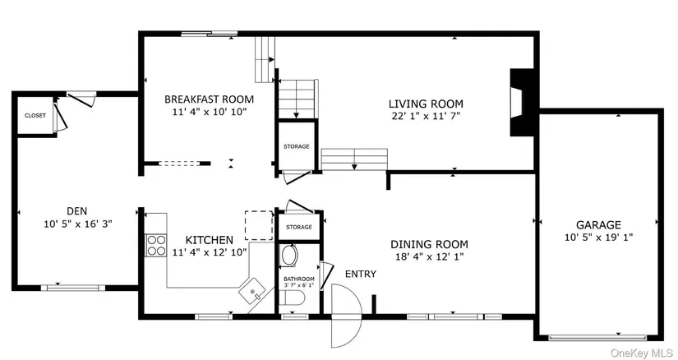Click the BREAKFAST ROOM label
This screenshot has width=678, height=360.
[x=210, y=99]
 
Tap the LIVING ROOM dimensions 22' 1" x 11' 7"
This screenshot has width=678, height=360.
[x=426, y=116]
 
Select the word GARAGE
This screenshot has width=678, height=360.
[x=598, y=225]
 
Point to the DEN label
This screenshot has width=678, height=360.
[x=77, y=211]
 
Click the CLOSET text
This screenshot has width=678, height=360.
[x=35, y=116]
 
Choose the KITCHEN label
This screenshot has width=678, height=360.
[x=210, y=240]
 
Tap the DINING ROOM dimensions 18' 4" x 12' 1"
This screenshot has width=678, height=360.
[x=429, y=256]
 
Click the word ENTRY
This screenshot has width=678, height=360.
[x=361, y=274]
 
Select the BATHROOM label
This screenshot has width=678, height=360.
[x=299, y=279]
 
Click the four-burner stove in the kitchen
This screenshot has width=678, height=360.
[x=156, y=245]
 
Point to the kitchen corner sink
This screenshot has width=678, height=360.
[x=252, y=292]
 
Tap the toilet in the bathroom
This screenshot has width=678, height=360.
[x=292, y=298]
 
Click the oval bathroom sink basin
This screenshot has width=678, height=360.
[x=288, y=256]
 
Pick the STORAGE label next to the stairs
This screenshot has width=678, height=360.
[x=296, y=146]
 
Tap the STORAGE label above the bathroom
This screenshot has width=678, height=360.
[x=299, y=227]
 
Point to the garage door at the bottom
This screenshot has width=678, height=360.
[x=597, y=337]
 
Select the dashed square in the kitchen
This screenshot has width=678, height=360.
[x=259, y=225]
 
